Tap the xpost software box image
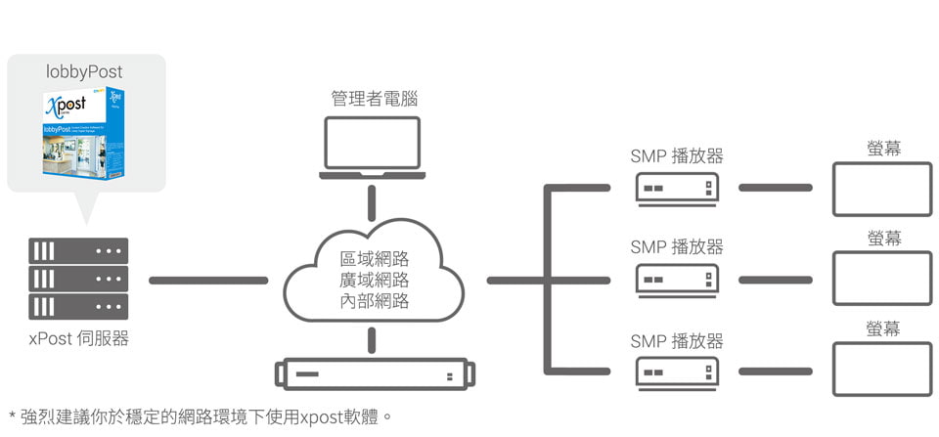coord(84,134)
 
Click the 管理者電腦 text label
coord(371,98)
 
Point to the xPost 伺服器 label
coord(79,339)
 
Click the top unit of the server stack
coord(79,250)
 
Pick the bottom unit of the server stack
coord(79,307)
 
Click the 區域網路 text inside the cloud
coord(374,259)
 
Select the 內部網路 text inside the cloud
coord(374,301)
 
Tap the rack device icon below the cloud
coord(375,374)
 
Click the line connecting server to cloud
coord(207,281)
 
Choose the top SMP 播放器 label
coord(677,155)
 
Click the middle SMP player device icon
coord(678,281)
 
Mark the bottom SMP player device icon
coord(678,372)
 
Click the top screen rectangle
coord(882,189)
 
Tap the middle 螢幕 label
coord(884,238)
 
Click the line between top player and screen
coord(775,187)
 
